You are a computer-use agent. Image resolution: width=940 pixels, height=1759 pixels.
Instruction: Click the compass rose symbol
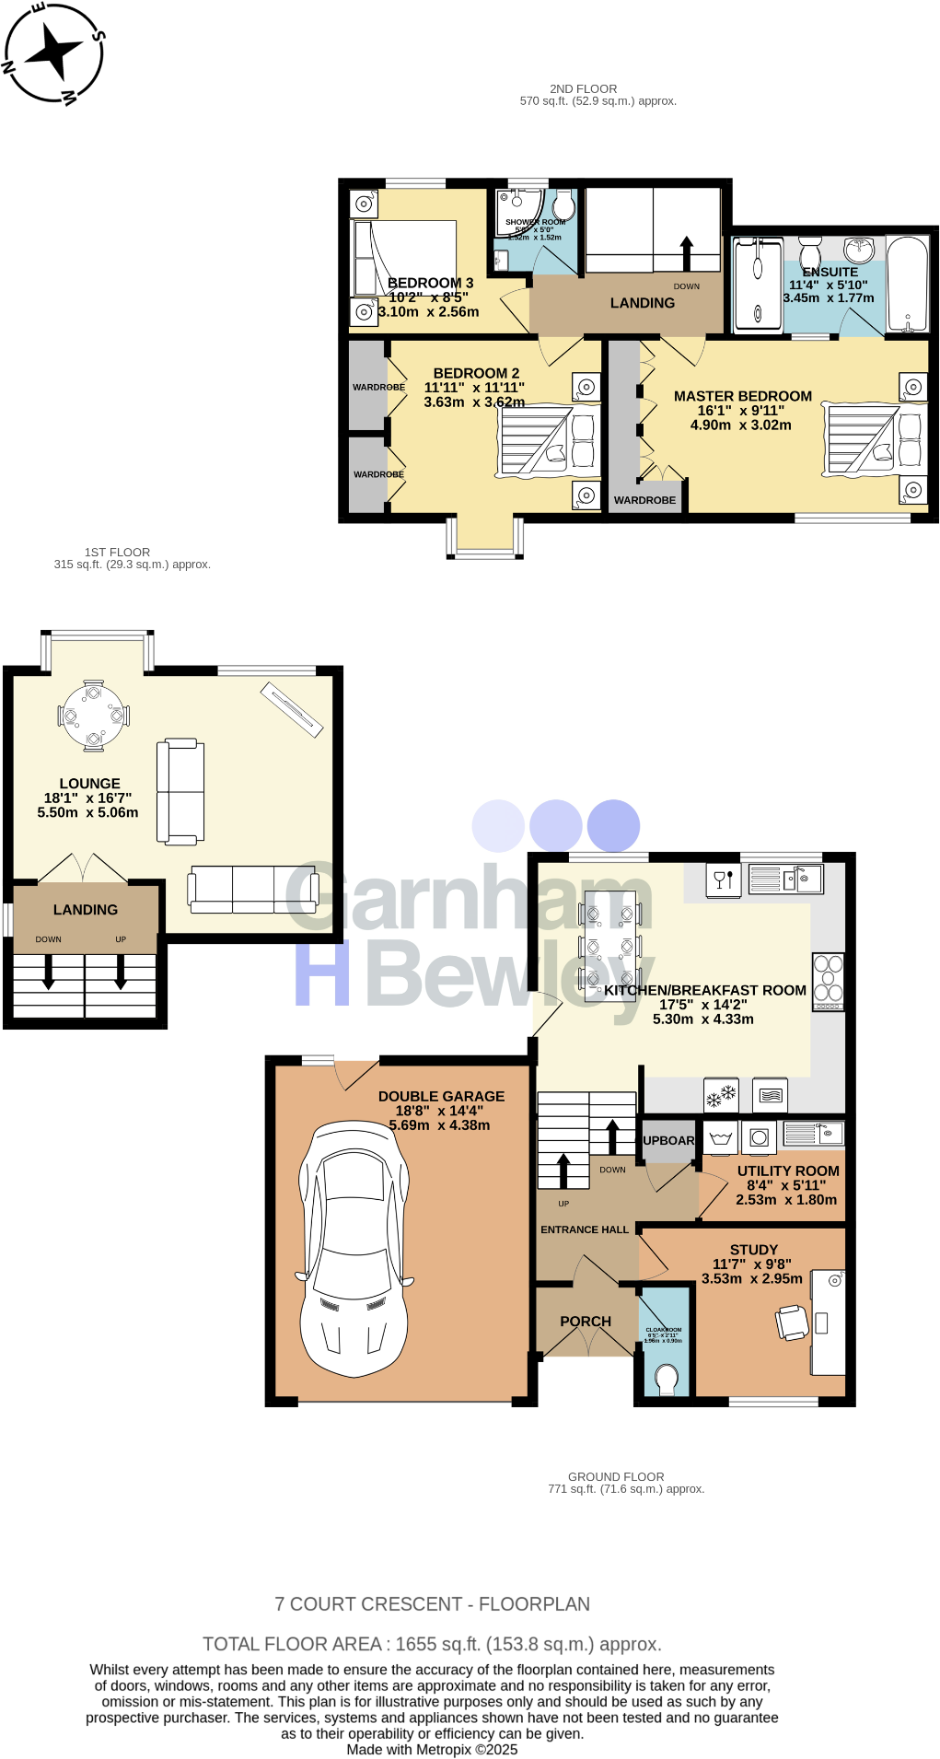[53, 52]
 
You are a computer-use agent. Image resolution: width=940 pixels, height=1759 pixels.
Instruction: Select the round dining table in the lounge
[93, 716]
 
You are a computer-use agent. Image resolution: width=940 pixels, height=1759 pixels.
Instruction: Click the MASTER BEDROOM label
[742, 396]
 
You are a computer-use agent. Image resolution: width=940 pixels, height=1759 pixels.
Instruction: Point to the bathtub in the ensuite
[908, 284]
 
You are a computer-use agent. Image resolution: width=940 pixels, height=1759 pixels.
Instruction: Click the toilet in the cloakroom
[666, 1379]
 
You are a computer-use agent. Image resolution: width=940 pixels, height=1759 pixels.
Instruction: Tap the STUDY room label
[753, 1250]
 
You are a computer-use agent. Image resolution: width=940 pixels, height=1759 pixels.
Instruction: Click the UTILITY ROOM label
[788, 1171]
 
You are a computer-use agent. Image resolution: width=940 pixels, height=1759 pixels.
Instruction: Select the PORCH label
[586, 1321]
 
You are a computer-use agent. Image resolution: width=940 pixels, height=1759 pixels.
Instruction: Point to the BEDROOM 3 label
[430, 283]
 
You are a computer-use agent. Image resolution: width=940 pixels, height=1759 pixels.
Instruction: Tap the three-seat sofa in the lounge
[253, 889]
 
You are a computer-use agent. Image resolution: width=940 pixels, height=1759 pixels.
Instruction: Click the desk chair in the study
[792, 1322]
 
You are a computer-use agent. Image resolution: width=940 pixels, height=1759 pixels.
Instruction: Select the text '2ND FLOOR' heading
[583, 89]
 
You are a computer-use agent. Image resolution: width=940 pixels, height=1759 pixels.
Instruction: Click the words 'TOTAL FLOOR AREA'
[292, 1644]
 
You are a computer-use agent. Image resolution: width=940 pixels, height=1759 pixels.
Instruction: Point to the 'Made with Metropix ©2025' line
[432, 1750]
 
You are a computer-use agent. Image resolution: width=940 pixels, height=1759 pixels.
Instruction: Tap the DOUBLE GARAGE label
[441, 1096]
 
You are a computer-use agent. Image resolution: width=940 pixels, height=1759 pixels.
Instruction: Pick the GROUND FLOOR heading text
[615, 1476]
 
